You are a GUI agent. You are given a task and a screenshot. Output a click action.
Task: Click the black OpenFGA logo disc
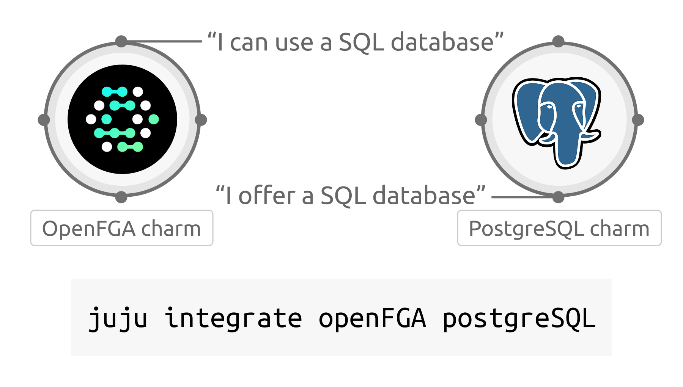122,119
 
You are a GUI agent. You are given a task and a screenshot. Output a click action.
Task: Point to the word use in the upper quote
294,43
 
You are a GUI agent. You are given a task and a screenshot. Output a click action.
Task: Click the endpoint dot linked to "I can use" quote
121,41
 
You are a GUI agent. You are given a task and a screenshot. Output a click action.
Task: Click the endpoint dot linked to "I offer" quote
558,197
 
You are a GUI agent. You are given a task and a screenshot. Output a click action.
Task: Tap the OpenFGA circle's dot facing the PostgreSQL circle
201,120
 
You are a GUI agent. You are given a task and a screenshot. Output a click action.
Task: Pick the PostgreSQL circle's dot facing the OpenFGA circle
481,120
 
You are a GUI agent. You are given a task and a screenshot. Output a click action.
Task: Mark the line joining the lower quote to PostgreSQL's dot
522,197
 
